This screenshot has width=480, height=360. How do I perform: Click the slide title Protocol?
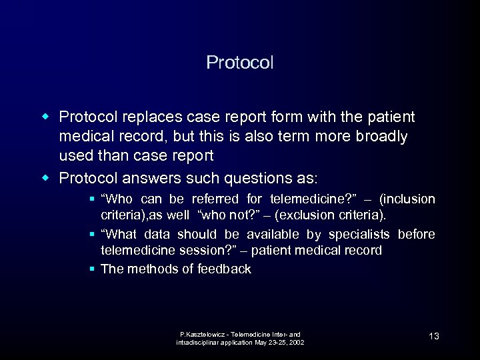(240, 63)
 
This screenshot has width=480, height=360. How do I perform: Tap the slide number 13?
(434, 336)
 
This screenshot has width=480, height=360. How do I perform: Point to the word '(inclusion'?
(407, 199)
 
